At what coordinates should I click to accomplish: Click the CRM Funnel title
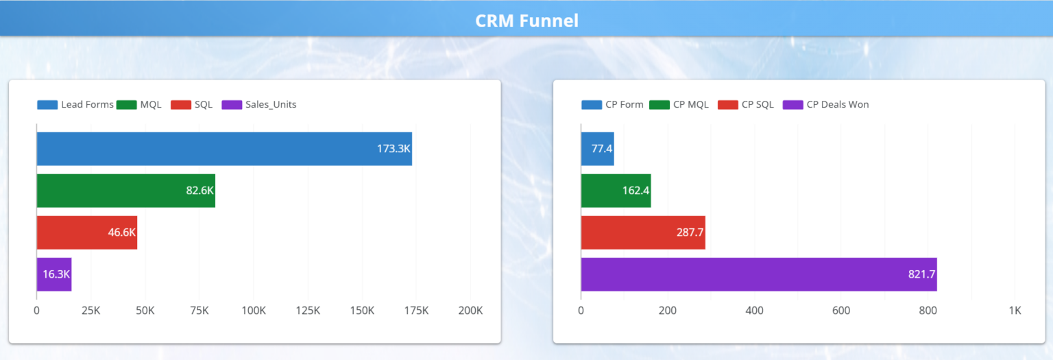(526, 21)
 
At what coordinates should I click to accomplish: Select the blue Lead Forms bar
(223, 149)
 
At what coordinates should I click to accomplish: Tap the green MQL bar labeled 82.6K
(125, 191)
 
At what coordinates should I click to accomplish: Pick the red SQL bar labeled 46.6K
(86, 232)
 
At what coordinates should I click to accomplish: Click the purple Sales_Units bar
(53, 274)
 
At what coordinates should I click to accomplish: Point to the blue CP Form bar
(597, 149)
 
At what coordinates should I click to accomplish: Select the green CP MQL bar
(616, 191)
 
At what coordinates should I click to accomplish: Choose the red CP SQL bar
(642, 232)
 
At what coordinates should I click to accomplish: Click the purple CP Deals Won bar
(758, 274)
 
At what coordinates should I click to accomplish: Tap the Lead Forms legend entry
(75, 105)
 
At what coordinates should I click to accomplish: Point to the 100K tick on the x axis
(254, 311)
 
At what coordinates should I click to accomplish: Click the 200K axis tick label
(470, 311)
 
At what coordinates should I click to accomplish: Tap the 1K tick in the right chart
(1015, 311)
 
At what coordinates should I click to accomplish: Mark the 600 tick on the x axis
(841, 311)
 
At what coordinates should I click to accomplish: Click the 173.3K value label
(393, 149)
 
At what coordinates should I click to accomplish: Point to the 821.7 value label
(921, 274)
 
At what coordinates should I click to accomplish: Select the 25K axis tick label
(90, 311)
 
